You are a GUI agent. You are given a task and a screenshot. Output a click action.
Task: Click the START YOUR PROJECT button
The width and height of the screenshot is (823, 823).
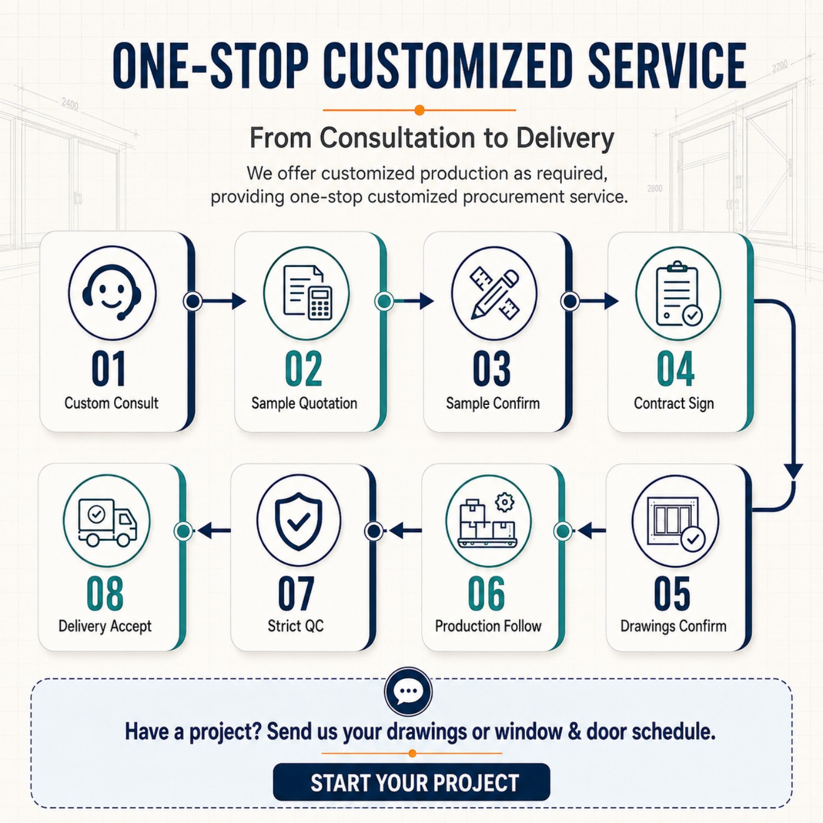[411, 782]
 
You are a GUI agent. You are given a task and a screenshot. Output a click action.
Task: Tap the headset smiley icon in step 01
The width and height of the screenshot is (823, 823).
[112, 293]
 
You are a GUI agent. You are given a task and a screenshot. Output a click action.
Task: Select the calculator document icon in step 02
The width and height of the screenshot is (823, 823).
[307, 292]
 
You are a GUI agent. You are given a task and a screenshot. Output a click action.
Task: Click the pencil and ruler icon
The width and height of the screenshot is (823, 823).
[494, 293]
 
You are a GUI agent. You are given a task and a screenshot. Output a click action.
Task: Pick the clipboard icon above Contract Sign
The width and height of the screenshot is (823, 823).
[679, 294]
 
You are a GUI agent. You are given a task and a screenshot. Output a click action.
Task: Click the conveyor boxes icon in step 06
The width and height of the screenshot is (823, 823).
[488, 521]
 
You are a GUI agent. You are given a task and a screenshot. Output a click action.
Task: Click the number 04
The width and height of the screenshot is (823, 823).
[675, 369]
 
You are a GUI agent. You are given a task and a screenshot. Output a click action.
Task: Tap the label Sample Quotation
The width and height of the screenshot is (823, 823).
[304, 403]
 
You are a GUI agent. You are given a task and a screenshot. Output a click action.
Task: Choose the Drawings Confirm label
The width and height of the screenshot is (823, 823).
[673, 626]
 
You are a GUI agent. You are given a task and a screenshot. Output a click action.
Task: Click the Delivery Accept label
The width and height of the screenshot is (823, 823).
[105, 626]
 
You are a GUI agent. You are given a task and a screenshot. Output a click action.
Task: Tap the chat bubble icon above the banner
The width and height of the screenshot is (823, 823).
[408, 691]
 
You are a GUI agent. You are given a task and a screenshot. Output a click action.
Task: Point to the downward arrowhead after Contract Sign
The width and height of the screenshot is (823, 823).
[793, 471]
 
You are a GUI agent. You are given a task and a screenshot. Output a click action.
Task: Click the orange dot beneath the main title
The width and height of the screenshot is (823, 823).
[420, 110]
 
